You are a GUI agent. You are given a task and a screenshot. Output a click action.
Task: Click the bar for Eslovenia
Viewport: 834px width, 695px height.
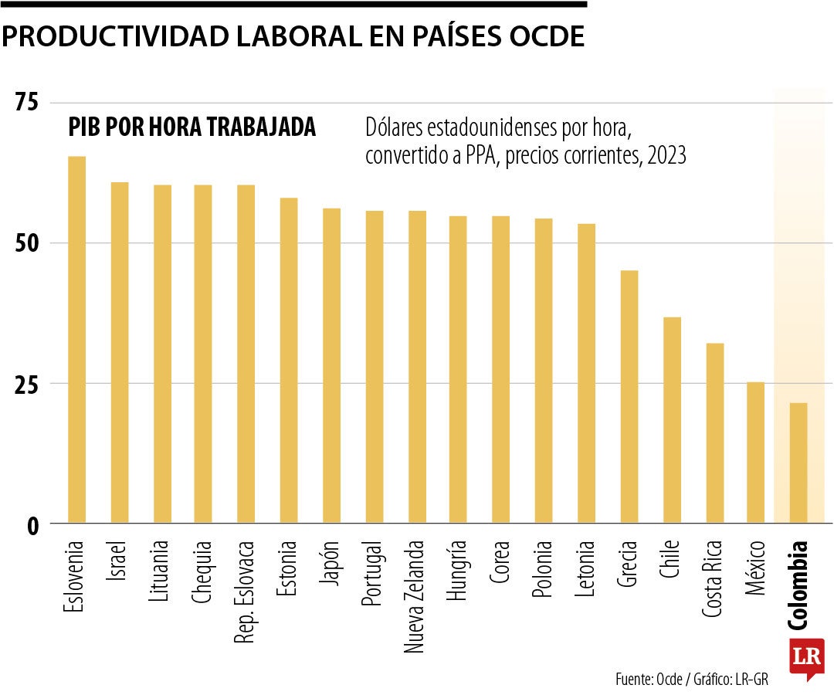77,340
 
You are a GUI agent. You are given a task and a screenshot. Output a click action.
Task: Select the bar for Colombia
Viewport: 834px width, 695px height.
798,463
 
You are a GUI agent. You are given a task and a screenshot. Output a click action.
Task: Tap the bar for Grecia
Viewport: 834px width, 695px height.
629,397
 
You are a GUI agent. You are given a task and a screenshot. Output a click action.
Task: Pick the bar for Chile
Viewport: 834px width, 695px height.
672,420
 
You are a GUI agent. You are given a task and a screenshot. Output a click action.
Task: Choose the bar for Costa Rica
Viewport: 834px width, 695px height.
714,433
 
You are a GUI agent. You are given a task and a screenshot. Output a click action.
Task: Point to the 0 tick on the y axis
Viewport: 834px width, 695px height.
34,525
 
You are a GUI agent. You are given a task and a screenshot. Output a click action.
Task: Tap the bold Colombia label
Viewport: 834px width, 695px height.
798,584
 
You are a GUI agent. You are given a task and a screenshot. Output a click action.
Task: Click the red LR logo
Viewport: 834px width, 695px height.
806,658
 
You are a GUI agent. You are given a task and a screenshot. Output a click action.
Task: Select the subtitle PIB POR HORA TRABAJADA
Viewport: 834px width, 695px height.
192,127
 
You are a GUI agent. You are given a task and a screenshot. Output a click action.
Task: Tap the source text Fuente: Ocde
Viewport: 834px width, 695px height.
649,680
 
